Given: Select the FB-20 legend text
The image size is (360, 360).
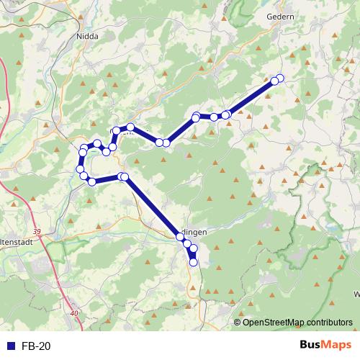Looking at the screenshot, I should (36, 346).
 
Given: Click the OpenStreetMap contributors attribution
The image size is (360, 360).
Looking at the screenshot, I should (294, 322).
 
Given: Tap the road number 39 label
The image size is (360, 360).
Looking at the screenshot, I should (37, 231).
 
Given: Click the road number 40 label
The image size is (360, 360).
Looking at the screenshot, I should (76, 313).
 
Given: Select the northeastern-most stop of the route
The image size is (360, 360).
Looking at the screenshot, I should (280, 78).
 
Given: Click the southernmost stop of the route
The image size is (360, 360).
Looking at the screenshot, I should (193, 263).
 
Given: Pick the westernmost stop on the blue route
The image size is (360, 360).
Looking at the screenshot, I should (80, 169).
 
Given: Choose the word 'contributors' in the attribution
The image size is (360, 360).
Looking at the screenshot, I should (328, 322).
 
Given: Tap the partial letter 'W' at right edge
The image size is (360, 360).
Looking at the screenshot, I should (356, 294).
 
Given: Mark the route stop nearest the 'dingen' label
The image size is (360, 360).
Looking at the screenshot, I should (180, 236).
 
